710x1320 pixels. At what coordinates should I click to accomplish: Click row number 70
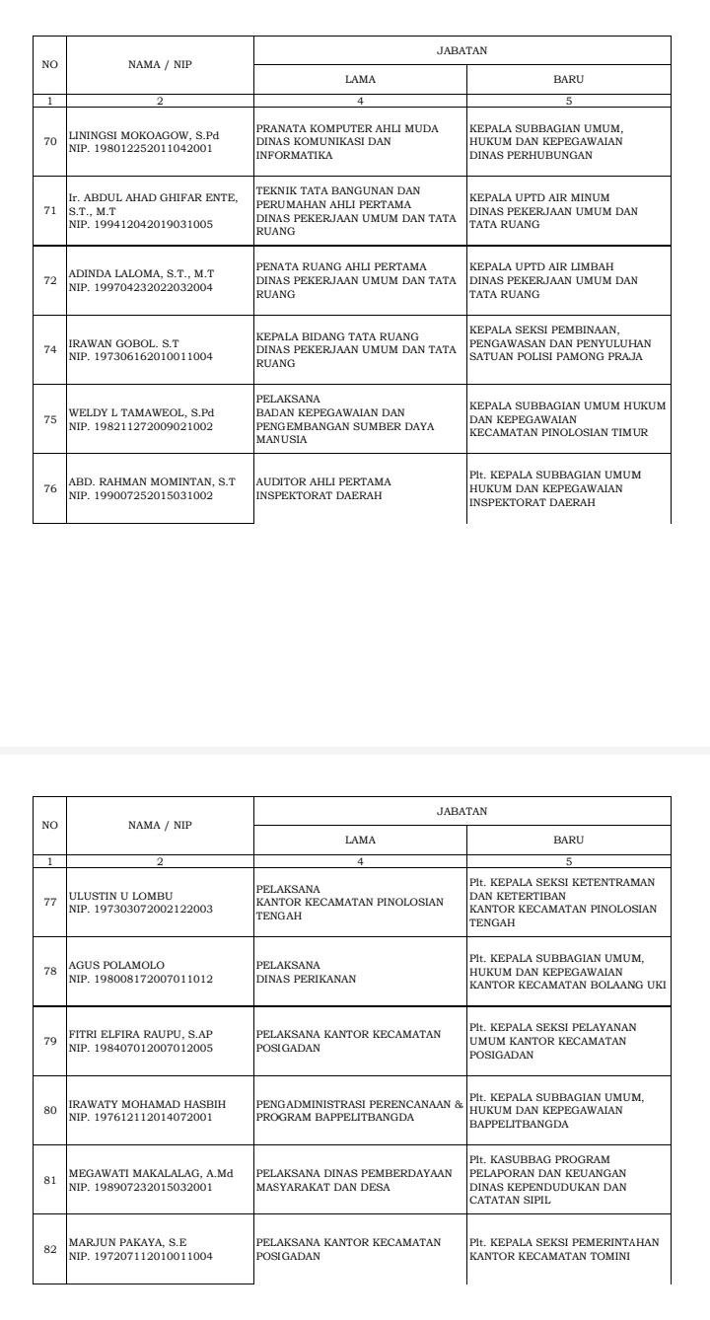tap(49, 142)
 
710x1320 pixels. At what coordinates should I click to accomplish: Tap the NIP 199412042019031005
tap(133, 223)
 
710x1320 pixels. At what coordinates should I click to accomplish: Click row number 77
tap(49, 902)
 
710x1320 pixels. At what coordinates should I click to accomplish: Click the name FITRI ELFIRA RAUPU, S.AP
tap(140, 1034)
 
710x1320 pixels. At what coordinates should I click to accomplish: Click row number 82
tap(49, 1249)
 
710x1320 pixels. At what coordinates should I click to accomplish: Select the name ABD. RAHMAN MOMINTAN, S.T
tap(152, 481)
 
